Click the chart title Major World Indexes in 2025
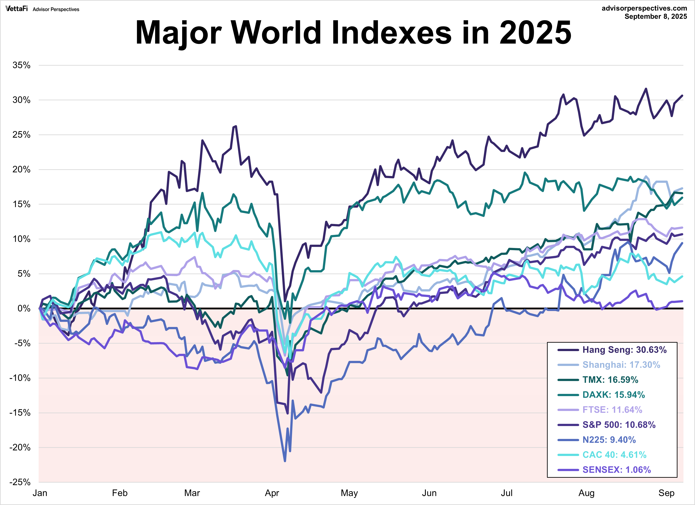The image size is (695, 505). pos(353,32)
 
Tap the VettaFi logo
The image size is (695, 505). pos(17,9)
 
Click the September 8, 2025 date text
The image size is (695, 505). pos(656,17)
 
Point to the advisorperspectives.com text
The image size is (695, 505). pos(644,8)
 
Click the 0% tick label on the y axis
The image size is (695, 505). pos(24,309)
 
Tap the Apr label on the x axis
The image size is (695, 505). pos(272,493)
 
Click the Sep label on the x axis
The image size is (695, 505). pos(667,493)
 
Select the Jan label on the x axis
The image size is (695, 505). pos(40,493)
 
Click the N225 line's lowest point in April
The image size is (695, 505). pos(285,461)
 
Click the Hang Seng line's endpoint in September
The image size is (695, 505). pos(682,96)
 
